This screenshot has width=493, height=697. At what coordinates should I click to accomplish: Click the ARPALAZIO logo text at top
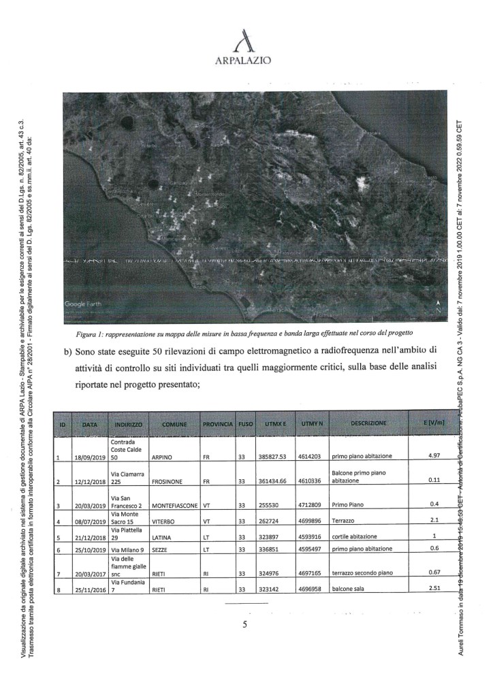click(243, 61)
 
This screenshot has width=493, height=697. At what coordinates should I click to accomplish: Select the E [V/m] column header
click(433, 423)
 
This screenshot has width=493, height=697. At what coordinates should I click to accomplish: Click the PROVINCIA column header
click(218, 423)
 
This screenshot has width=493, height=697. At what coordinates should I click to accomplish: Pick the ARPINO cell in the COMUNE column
click(164, 457)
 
